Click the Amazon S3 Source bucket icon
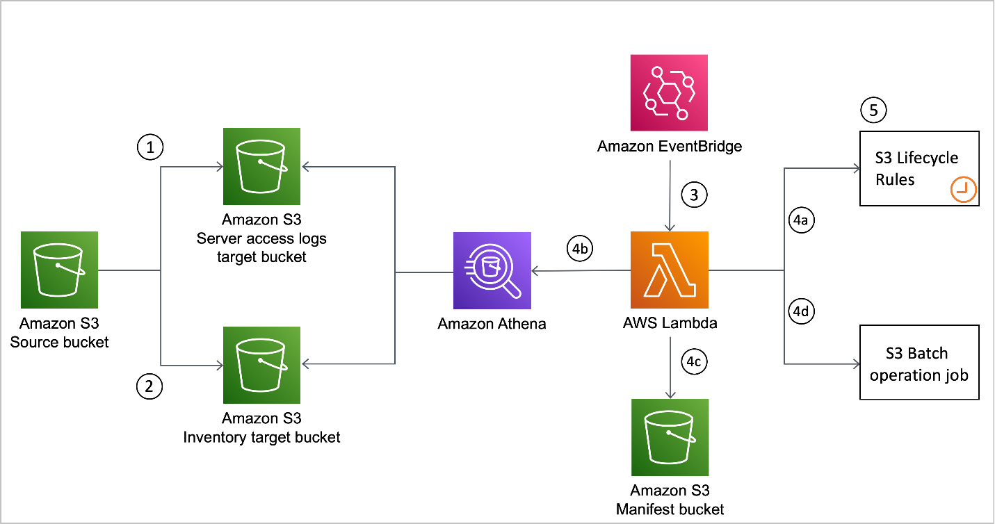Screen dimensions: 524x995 pos(59,270)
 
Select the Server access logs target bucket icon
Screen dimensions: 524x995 pos(261,166)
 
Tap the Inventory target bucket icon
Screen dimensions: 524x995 pos(261,364)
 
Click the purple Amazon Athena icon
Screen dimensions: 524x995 pos(492,270)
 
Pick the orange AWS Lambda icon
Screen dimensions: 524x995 pos(669,270)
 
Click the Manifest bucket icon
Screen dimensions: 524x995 pos(670,437)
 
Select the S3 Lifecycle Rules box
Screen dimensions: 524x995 pos(919,168)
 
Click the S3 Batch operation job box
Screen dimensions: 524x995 pos(919,362)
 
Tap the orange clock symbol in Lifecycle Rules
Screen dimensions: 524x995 pos(964,189)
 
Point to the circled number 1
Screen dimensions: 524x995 pos(149,146)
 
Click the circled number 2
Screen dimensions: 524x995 pos(149,386)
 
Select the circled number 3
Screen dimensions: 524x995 pos(693,195)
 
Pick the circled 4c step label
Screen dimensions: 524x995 pos(693,361)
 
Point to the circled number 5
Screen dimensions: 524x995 pos(873,109)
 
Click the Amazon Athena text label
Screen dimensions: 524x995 pos(492,324)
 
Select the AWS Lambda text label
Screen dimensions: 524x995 pos(670,323)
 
